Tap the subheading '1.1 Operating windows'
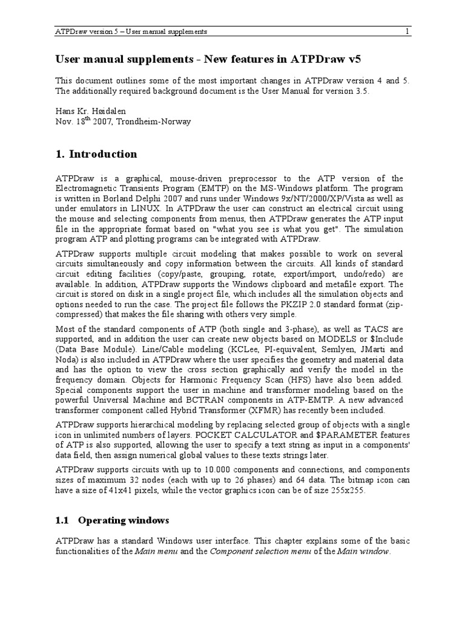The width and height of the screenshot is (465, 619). (113, 520)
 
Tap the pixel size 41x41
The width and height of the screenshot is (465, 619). (119, 490)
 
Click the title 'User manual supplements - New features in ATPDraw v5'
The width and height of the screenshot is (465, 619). (211, 59)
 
